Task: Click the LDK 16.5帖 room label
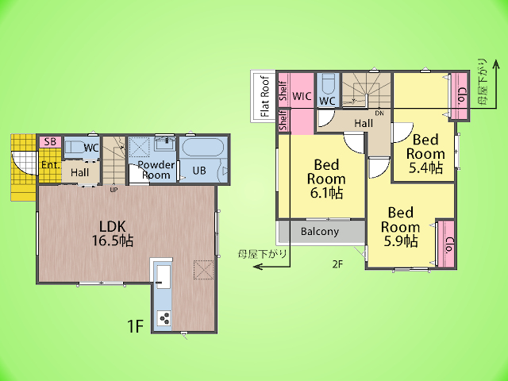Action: pyautogui.click(x=113, y=233)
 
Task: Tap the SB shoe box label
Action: pyautogui.click(x=50, y=141)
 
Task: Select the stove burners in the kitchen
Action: pyautogui.click(x=164, y=317)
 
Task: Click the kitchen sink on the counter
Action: pyautogui.click(x=163, y=276)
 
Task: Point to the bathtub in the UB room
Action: pyautogui.click(x=203, y=148)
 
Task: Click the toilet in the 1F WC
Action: pyautogui.click(x=75, y=148)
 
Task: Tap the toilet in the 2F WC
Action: pyautogui.click(x=328, y=84)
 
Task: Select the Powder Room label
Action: pyautogui.click(x=156, y=170)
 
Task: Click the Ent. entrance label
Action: pyautogui.click(x=51, y=165)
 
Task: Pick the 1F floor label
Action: pyautogui.click(x=135, y=326)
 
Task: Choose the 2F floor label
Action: pyautogui.click(x=337, y=264)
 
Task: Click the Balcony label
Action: pyautogui.click(x=320, y=231)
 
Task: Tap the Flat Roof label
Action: pyautogui.click(x=265, y=96)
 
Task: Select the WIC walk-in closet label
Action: pyautogui.click(x=302, y=96)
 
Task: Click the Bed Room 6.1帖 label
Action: pyautogui.click(x=326, y=179)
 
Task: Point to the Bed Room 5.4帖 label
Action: pyautogui.click(x=425, y=154)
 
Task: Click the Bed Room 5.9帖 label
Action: pyautogui.click(x=400, y=227)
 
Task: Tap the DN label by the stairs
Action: pyautogui.click(x=379, y=113)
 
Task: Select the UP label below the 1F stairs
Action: pyautogui.click(x=114, y=190)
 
